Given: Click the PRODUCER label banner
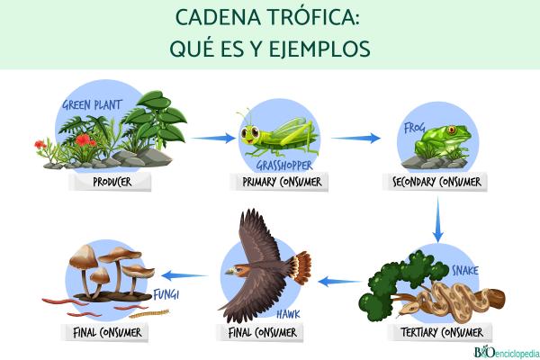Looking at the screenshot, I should (112, 184).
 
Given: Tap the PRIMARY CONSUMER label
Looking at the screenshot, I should (282, 184).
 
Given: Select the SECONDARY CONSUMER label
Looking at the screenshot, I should (438, 184).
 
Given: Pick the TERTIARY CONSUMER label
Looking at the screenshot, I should (438, 333).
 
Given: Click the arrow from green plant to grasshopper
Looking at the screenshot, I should (212, 138).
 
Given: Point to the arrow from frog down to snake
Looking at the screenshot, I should (438, 220).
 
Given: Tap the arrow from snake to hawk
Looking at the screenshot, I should (340, 281).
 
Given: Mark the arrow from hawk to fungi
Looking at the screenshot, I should (184, 273).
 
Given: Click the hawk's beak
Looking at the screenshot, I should (229, 270).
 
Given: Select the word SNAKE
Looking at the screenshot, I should (465, 270).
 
